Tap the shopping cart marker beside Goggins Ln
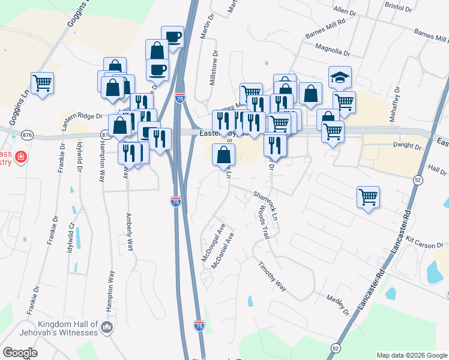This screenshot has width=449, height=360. pyautogui.click(x=42, y=83)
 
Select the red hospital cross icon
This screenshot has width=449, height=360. pyautogui.click(x=21, y=157)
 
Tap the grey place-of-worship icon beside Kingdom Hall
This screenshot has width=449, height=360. pyautogui.click(x=107, y=328)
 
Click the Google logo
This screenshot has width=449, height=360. pyautogui.click(x=20, y=353)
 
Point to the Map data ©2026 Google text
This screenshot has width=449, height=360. pyautogui.click(x=411, y=355)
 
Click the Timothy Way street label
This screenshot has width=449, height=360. pyautogui.click(x=271, y=276)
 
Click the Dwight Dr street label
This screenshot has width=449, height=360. pyautogui.click(x=408, y=145)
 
